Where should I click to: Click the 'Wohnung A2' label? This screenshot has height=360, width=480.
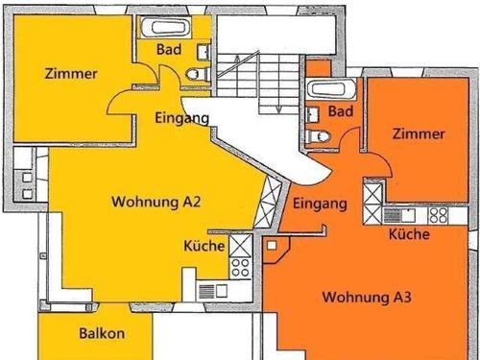pos(156,203)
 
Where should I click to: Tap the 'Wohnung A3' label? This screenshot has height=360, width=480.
pos(367,297)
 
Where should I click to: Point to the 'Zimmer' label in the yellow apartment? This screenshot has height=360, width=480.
pos(70,73)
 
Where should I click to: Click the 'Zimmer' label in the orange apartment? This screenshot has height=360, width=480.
pos(419,134)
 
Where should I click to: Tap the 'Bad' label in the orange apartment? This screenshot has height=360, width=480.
pos(340,112)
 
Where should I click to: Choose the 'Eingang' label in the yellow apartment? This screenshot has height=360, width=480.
pos(181,118)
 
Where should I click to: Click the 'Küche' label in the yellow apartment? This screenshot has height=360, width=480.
pos(204,247)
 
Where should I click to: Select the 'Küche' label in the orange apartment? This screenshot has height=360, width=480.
pos(409,235)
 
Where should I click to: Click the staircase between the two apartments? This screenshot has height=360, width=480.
pos(249,78)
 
